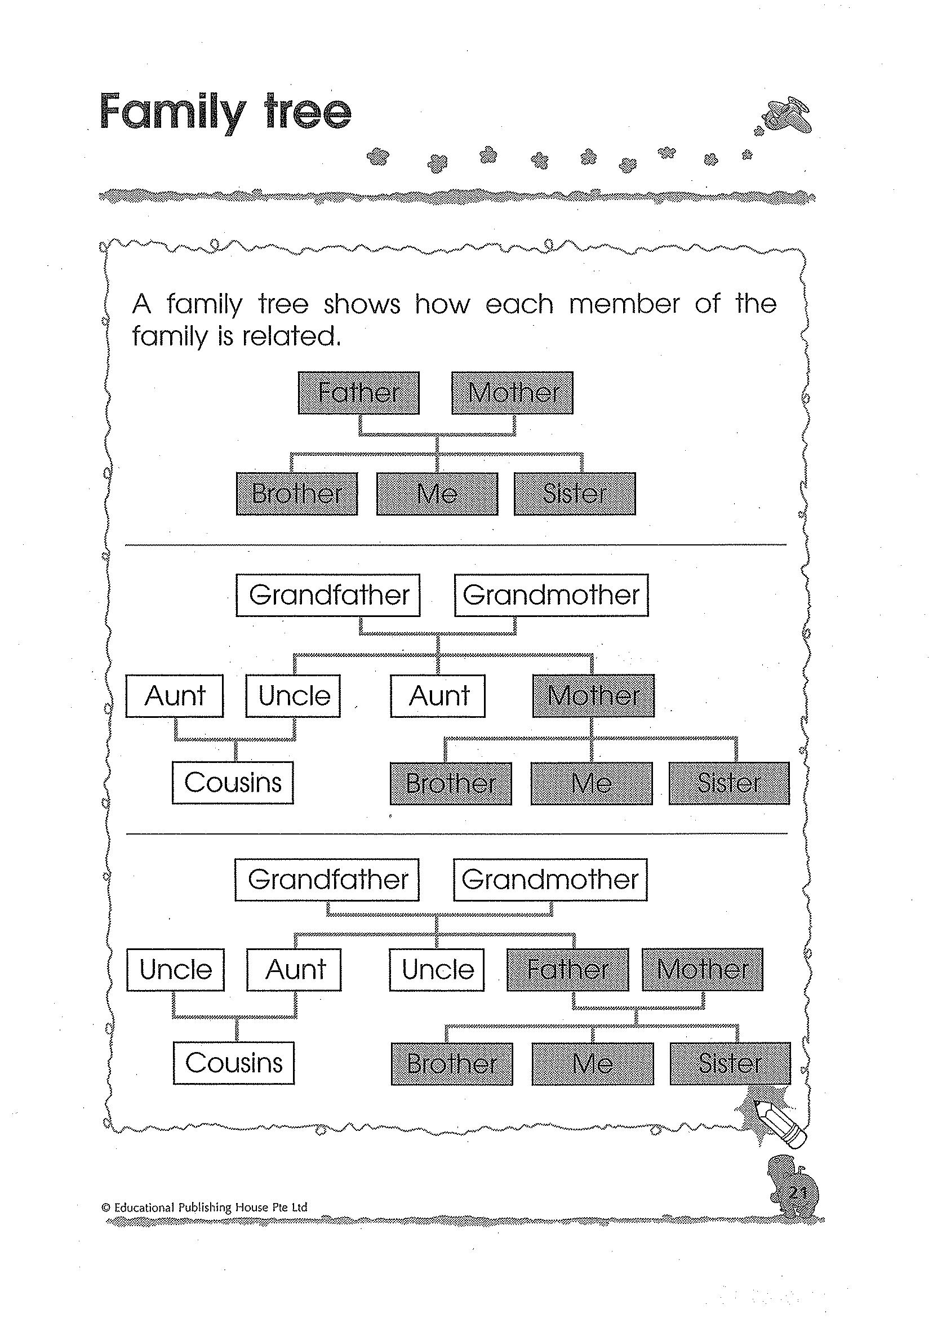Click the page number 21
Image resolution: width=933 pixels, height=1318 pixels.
click(x=798, y=1192)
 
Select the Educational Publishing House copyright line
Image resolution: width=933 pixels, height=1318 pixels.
click(x=205, y=1207)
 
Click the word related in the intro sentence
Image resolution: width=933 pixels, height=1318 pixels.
click(x=291, y=336)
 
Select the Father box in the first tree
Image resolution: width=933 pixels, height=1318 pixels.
click(x=358, y=393)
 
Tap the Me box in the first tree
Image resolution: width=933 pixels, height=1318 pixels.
click(x=437, y=494)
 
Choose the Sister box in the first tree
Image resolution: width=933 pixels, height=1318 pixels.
click(x=575, y=494)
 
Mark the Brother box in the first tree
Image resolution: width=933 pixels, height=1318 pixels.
click(x=297, y=494)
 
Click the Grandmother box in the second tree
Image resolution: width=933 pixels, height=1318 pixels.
click(x=551, y=595)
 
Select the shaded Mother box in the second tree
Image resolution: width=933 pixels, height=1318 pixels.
click(x=593, y=696)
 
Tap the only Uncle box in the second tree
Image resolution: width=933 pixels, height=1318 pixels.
click(x=293, y=696)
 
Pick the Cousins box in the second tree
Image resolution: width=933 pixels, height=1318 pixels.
click(x=233, y=783)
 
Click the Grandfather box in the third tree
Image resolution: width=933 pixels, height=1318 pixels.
click(x=327, y=880)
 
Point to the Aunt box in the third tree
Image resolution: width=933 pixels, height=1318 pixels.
click(x=294, y=970)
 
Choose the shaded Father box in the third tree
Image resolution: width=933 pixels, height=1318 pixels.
click(x=567, y=970)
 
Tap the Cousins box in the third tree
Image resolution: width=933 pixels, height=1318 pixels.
click(x=234, y=1063)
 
